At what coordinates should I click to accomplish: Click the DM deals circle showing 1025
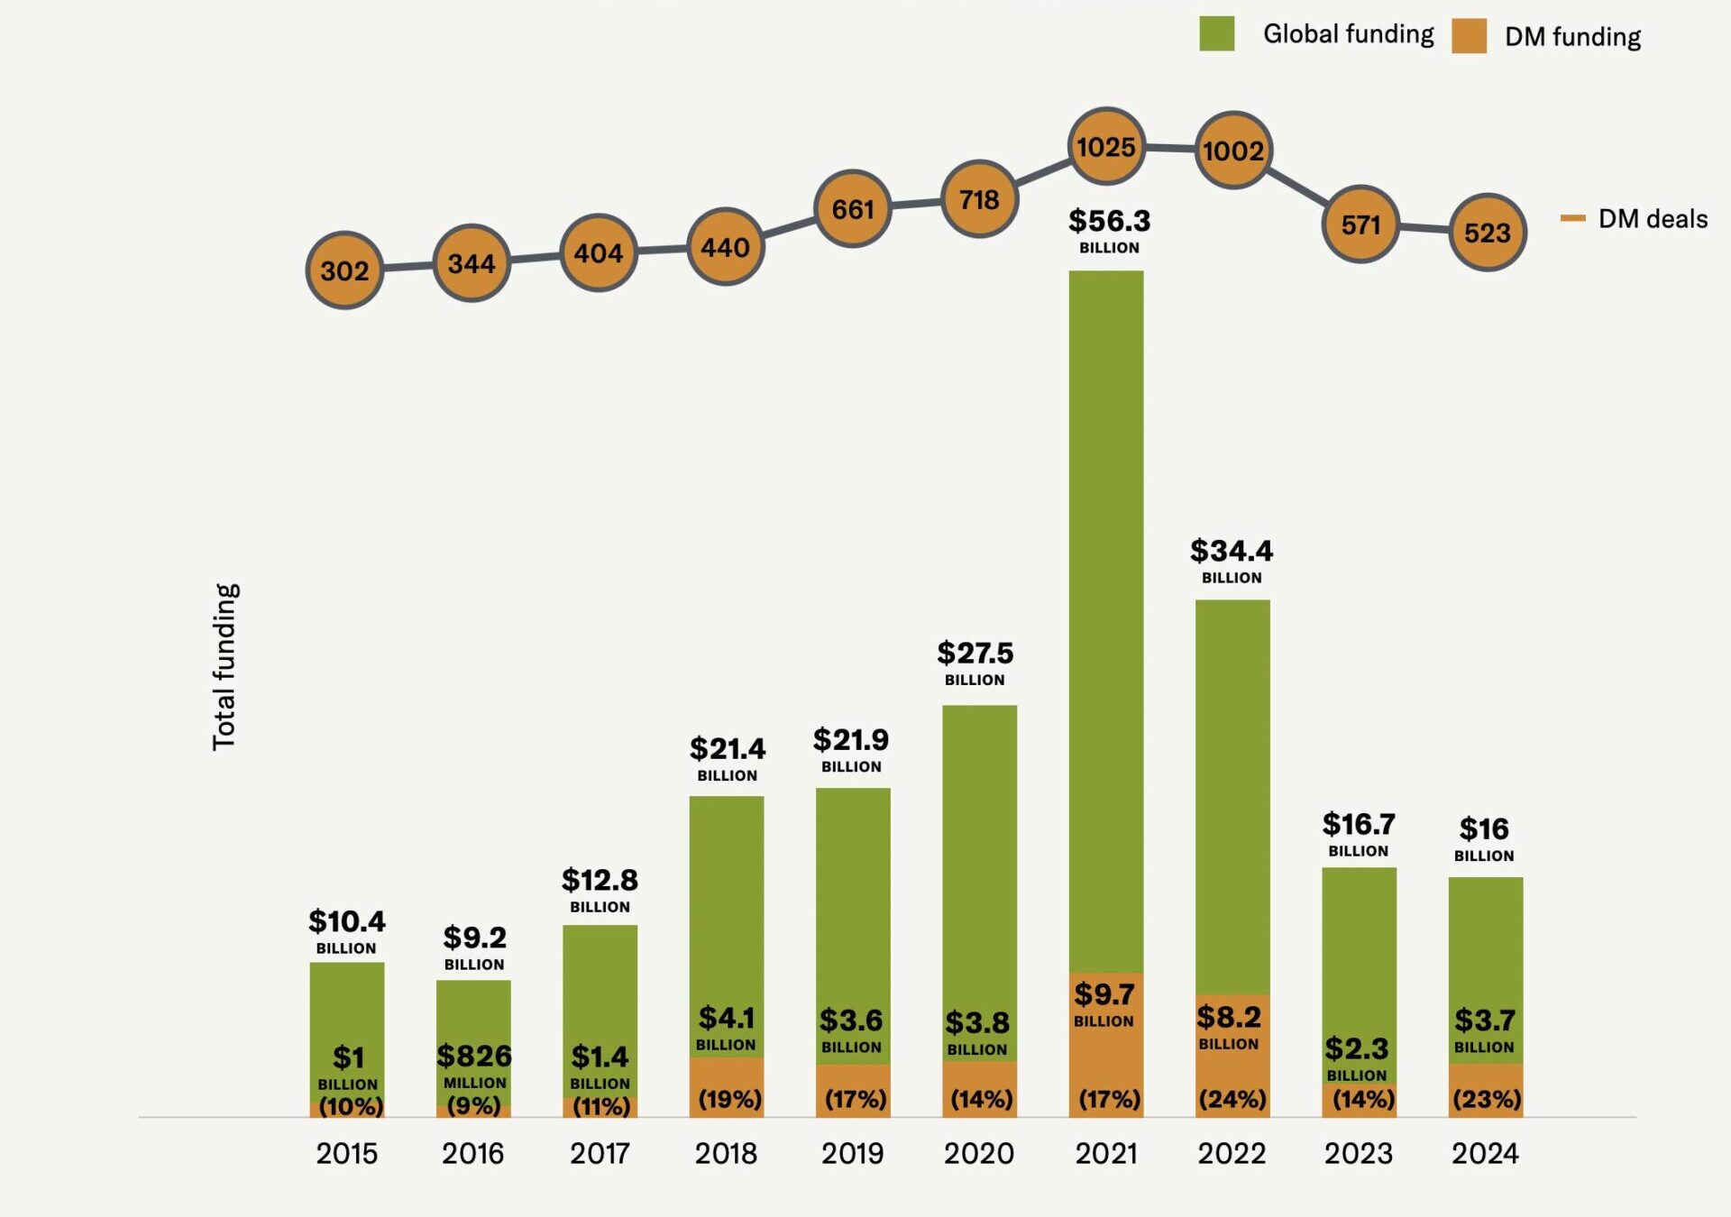point(1106,147)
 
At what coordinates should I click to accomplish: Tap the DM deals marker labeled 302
point(344,270)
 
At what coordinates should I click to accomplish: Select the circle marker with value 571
point(1360,224)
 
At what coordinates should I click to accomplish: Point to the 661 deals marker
point(853,209)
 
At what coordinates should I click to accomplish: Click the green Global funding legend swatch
point(1216,34)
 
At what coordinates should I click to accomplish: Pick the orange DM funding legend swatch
point(1469,37)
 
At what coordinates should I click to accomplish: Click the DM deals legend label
point(1652,219)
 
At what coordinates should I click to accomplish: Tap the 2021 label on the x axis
point(1106,1153)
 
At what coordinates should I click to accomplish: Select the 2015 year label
point(347,1153)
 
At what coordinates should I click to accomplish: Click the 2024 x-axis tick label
point(1485,1153)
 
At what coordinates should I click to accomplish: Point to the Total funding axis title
point(224,667)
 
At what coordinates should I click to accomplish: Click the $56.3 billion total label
point(1109,222)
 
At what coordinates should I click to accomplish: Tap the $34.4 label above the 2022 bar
point(1232,552)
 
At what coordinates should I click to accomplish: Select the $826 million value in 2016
point(474,1057)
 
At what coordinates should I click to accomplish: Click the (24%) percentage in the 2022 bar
point(1232,1099)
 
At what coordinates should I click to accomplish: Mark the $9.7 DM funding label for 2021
point(1104,995)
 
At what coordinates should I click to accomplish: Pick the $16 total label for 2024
point(1484,829)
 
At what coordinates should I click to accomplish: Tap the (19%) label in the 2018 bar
point(729,1099)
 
